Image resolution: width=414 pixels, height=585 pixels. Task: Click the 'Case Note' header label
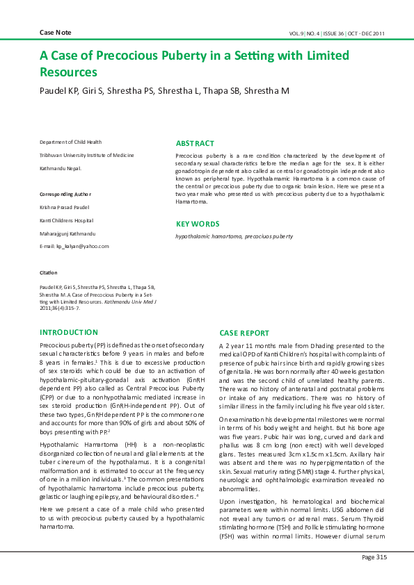[x=55, y=33]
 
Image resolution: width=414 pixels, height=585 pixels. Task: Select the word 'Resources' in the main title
[x=68, y=72]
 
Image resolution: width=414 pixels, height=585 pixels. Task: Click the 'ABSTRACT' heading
[x=195, y=143]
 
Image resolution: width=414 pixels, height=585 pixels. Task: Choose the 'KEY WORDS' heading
[x=197, y=224]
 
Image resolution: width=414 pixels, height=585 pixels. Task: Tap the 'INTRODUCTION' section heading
[x=69, y=332]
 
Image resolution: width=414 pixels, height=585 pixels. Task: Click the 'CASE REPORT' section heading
[x=244, y=333]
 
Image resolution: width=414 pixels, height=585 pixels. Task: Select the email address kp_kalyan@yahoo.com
[x=74, y=246]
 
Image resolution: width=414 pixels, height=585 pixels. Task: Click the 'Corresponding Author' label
[x=65, y=194]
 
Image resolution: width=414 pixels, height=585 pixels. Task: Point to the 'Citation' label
[x=49, y=272]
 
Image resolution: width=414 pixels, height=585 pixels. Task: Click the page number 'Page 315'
[x=374, y=557]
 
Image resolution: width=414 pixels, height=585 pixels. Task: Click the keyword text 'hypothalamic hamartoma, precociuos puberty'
[x=234, y=237]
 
